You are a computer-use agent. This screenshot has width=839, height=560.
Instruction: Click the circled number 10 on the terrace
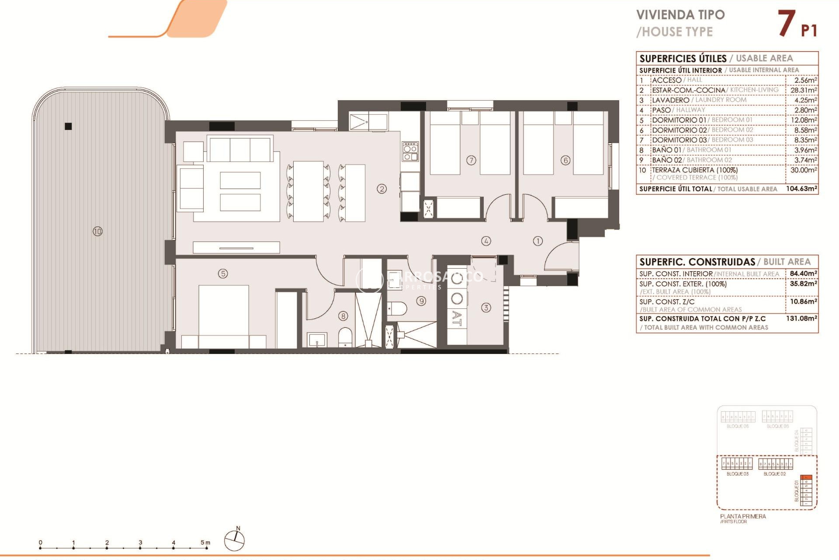(x=97, y=231)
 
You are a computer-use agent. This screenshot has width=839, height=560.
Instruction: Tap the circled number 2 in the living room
(x=382, y=189)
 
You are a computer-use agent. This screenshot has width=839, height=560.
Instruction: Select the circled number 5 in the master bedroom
(x=223, y=274)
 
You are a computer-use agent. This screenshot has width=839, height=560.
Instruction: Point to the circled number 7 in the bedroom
(x=471, y=160)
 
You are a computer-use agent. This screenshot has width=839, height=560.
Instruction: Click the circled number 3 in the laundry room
(x=486, y=308)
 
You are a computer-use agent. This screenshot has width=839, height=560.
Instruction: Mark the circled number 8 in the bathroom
(x=343, y=316)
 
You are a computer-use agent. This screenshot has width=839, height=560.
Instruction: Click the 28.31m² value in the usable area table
(x=803, y=90)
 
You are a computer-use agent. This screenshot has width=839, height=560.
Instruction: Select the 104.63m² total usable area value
(x=801, y=189)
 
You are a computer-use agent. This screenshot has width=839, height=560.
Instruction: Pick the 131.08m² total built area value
(x=801, y=318)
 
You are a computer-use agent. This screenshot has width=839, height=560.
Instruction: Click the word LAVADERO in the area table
(x=670, y=100)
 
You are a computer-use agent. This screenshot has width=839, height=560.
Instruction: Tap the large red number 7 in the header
(x=786, y=24)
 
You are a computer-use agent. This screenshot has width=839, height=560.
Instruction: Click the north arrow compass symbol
(x=235, y=540)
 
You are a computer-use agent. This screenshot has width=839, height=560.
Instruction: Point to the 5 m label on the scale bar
(x=205, y=542)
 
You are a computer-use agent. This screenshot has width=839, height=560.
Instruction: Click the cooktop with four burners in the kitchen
(x=410, y=151)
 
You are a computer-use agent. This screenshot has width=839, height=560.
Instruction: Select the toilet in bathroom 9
(x=397, y=308)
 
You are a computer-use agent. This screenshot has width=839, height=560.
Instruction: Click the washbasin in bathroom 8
(x=317, y=340)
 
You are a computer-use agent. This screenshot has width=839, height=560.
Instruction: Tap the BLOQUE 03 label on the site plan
(x=737, y=474)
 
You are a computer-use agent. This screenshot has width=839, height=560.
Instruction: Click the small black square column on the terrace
(x=68, y=126)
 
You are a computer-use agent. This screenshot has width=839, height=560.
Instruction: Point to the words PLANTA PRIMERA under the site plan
(x=743, y=516)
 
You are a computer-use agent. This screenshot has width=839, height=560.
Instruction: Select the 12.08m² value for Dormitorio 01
(x=803, y=120)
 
